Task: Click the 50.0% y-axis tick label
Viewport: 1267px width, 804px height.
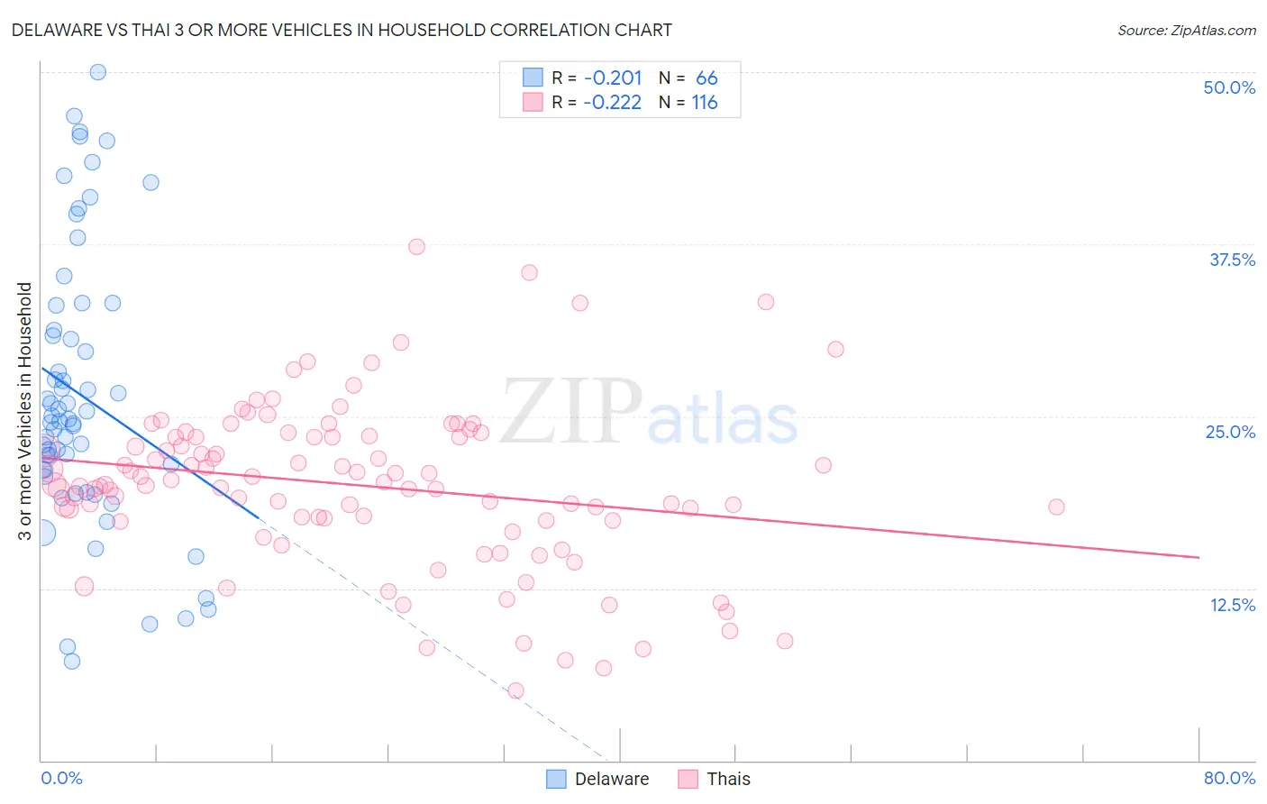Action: click(1229, 88)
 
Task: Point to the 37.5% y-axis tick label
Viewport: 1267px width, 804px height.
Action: click(1232, 260)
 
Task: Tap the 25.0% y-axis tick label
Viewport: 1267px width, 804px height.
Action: click(1230, 433)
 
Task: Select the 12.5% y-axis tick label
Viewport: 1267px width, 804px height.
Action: click(1232, 605)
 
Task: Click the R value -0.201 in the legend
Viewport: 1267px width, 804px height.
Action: click(612, 78)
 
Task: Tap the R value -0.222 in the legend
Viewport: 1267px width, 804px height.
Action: click(612, 103)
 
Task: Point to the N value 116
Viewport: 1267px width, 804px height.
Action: click(705, 103)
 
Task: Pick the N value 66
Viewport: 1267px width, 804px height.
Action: click(706, 78)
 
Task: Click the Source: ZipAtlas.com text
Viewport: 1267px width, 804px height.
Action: click(1186, 31)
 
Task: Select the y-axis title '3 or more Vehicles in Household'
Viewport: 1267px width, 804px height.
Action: click(25, 411)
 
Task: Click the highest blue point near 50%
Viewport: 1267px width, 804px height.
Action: click(98, 72)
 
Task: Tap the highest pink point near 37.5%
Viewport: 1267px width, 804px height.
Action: click(416, 247)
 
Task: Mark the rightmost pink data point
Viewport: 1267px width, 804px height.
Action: click(1056, 507)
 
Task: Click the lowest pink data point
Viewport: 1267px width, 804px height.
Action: click(515, 690)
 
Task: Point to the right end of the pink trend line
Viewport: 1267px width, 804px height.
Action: click(1199, 558)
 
